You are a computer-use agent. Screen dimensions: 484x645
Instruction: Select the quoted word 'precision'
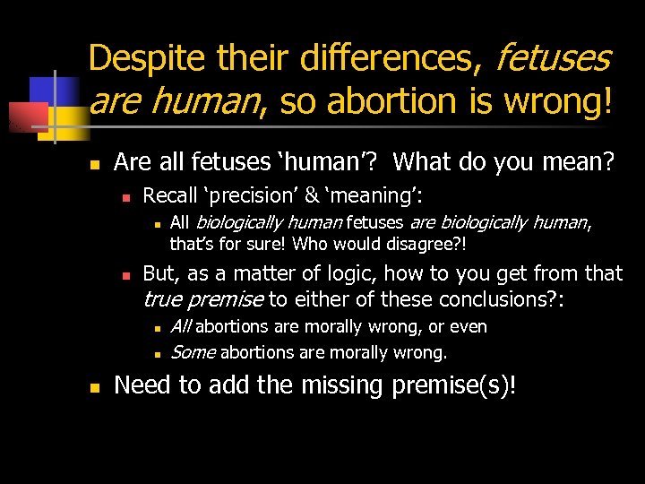[252, 194]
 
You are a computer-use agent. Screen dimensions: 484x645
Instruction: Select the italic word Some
[193, 352]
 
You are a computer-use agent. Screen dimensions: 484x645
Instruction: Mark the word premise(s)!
[460, 385]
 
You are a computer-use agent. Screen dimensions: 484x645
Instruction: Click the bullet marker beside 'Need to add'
[93, 386]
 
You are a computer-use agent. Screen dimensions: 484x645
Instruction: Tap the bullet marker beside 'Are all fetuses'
[93, 163]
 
